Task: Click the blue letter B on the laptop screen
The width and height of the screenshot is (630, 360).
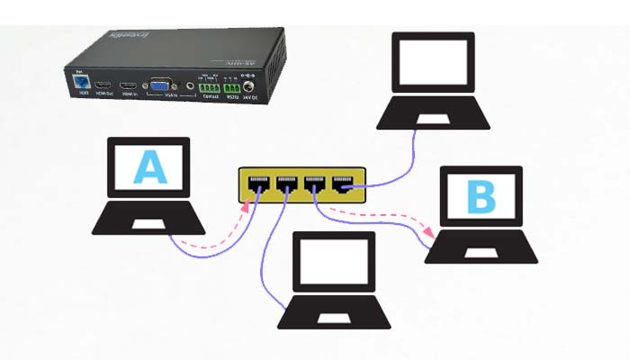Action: pos(481,198)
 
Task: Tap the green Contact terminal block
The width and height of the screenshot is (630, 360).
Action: pos(210,87)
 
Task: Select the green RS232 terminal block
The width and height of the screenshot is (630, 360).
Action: pos(235,88)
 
